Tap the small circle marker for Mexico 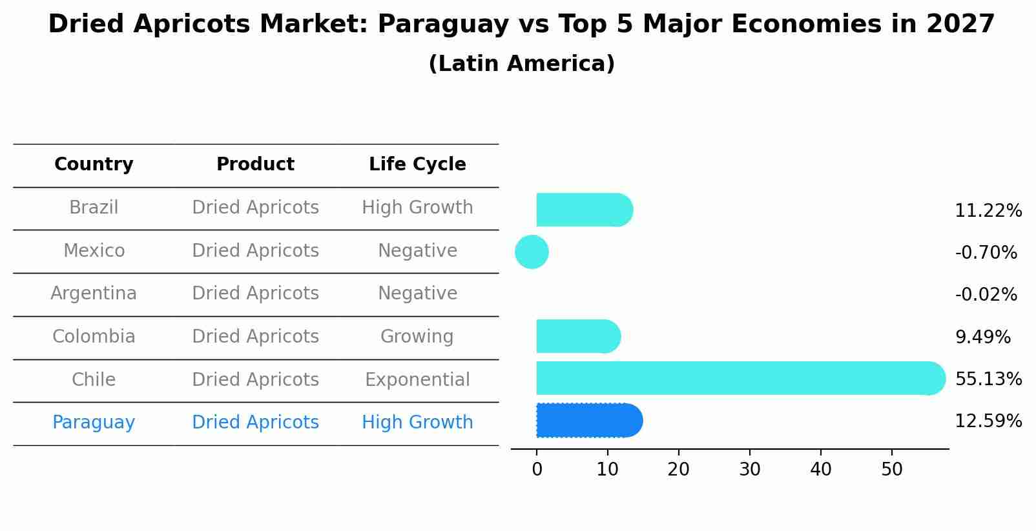532,252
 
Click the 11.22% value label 988,211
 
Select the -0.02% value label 986,295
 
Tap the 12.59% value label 988,421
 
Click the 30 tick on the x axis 749,470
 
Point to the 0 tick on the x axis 537,470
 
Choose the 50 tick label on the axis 891,470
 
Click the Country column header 94,165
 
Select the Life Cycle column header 417,165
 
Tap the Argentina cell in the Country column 94,294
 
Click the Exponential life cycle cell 417,379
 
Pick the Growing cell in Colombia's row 417,337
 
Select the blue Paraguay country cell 94,423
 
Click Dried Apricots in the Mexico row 255,250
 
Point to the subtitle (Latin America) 521,64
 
